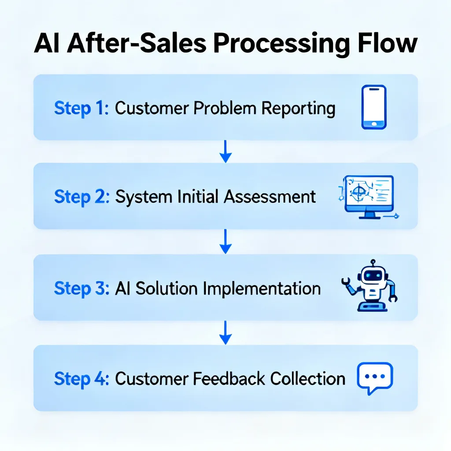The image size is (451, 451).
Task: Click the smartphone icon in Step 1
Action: click(373, 107)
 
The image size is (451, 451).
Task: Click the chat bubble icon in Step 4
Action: click(375, 377)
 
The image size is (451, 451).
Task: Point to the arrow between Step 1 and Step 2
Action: click(225, 152)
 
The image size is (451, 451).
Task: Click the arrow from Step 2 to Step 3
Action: click(225, 242)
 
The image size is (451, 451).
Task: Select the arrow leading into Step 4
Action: click(225, 333)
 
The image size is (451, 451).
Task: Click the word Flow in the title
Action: click(388, 44)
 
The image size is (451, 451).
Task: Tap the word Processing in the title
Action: click(281, 44)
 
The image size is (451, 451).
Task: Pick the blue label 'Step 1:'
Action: click(81, 108)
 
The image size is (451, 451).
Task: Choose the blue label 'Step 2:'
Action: click(81, 197)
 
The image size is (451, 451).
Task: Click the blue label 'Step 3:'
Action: click(81, 288)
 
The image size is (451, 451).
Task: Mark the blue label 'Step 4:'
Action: click(81, 379)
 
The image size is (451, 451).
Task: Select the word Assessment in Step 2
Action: click(270, 197)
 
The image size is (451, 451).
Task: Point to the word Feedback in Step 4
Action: click(229, 378)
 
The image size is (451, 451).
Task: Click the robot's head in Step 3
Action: click(373, 275)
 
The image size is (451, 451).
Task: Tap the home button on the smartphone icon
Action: click(374, 124)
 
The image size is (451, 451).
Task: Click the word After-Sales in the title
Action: click(137, 44)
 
